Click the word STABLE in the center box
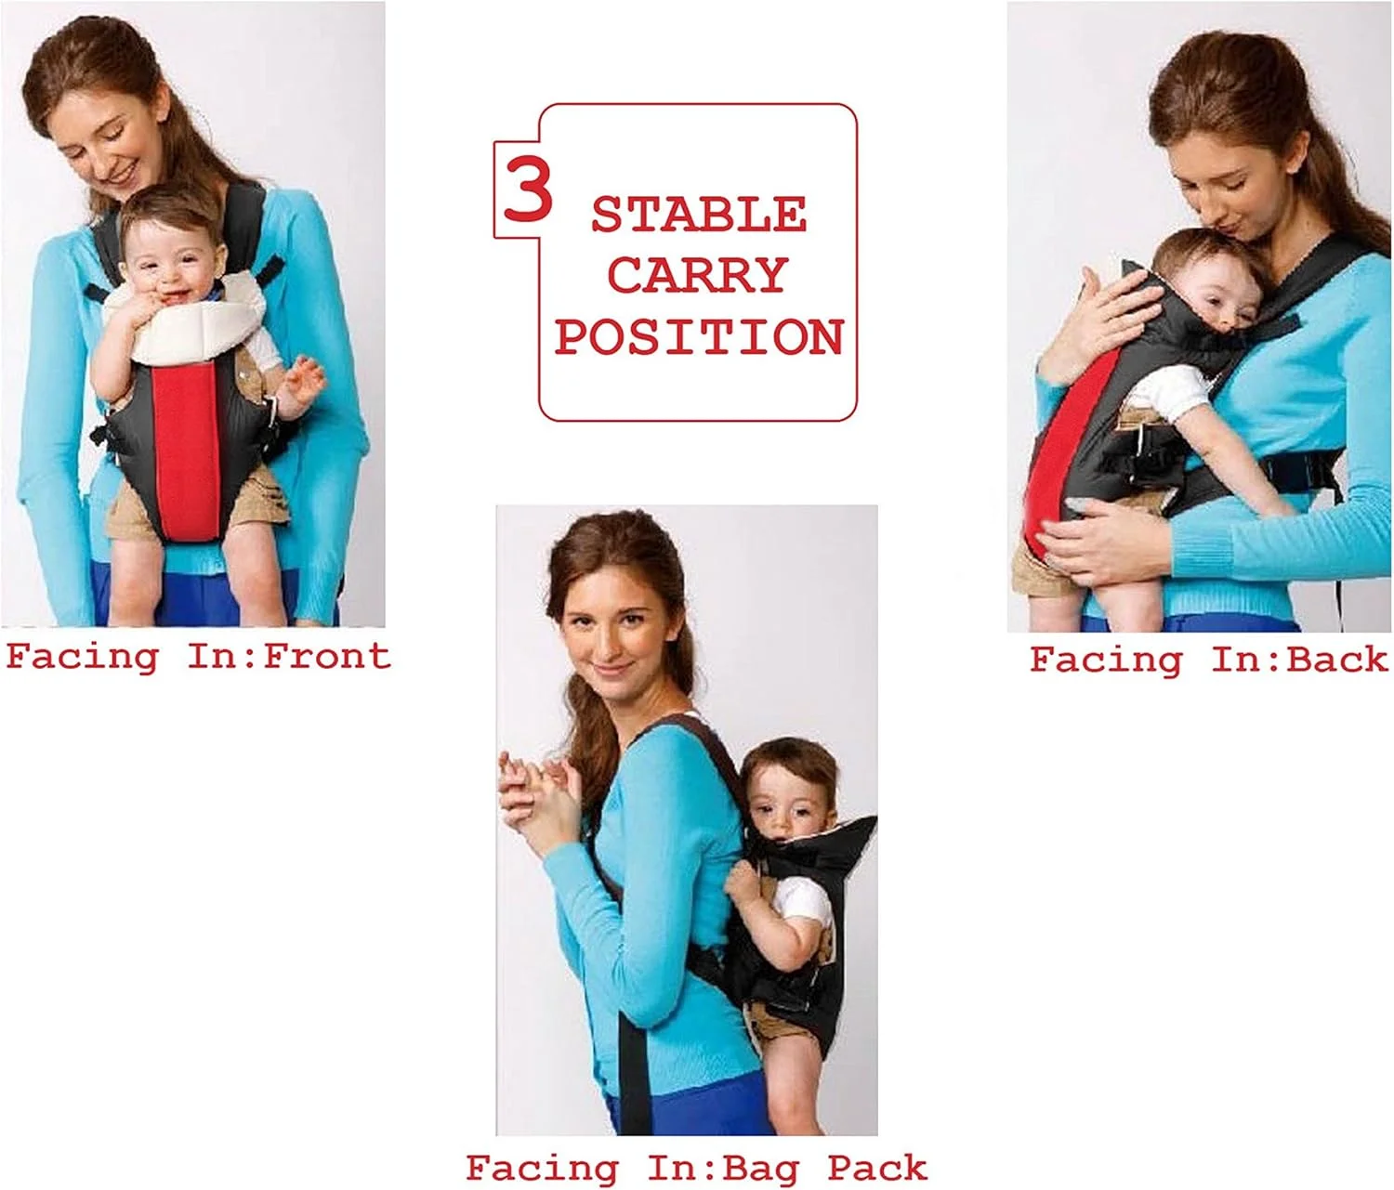pos(699,215)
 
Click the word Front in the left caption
pos(327,656)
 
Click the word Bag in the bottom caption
pos(761,1170)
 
